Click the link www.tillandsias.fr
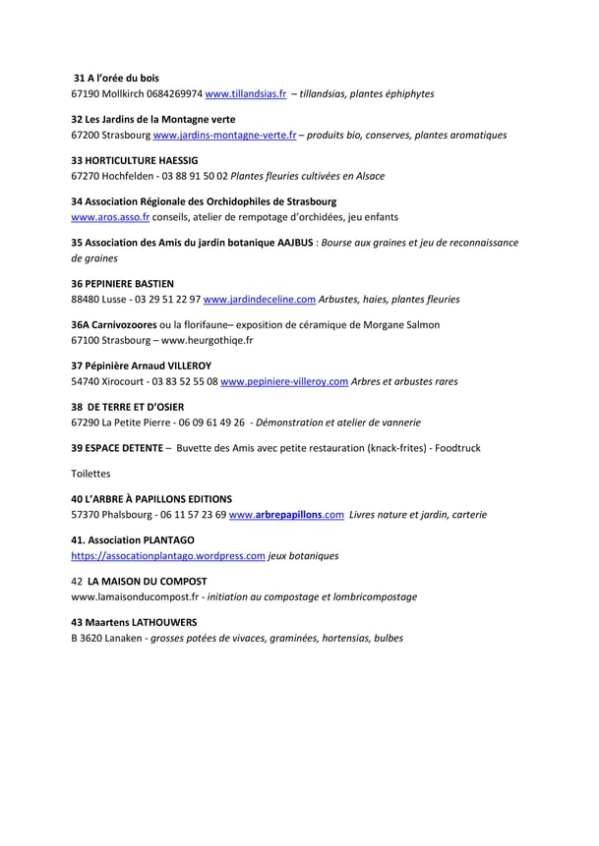(245, 93)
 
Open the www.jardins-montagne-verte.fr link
(224, 135)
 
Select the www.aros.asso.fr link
(110, 216)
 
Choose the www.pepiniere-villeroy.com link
(284, 381)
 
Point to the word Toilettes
(91, 473)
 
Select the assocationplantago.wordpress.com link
(168, 555)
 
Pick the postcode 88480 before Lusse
(86, 299)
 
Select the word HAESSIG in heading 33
(173, 159)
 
